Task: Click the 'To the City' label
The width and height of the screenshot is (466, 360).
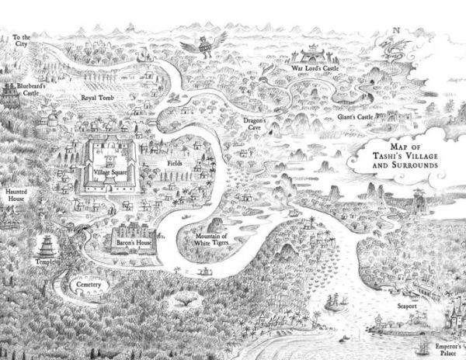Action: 22,40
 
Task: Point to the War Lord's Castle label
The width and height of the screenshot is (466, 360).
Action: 315,69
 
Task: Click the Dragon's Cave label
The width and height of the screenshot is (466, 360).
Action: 256,124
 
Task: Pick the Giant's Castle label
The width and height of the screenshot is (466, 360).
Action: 355,117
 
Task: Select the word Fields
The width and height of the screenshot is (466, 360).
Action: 174,164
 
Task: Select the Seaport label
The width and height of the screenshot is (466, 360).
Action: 408,306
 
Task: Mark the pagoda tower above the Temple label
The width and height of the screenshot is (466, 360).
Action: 47,246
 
